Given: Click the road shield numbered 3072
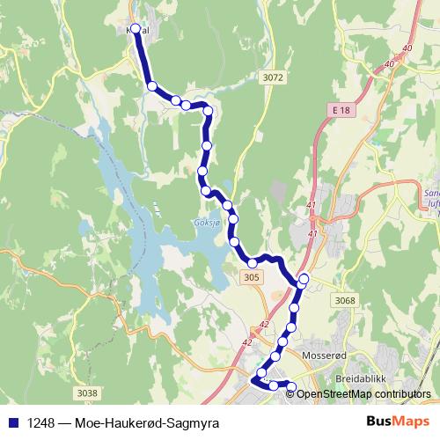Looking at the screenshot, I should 274,78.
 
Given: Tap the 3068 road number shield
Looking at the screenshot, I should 344,301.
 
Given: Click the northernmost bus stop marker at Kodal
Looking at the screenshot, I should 136,28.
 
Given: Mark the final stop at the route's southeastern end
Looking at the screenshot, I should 292,385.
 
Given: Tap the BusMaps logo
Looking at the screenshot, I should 399,422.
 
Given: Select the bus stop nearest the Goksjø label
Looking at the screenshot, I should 232,220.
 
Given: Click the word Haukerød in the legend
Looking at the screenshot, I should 136,422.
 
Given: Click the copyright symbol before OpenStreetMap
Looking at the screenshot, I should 292,394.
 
